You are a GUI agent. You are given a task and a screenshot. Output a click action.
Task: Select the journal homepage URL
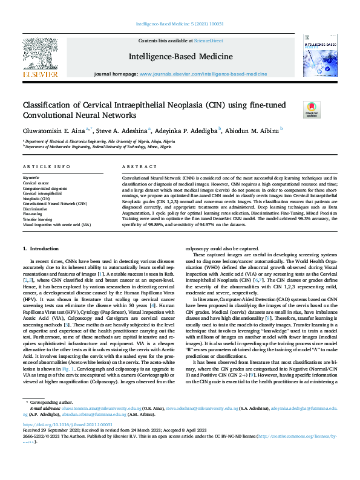tap(203, 73)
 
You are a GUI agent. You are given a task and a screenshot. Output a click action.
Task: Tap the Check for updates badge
tap(312, 109)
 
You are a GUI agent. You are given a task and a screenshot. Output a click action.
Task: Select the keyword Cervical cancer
tap(36, 183)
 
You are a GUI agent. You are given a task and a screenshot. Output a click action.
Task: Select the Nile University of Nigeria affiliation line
tap(96, 141)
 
